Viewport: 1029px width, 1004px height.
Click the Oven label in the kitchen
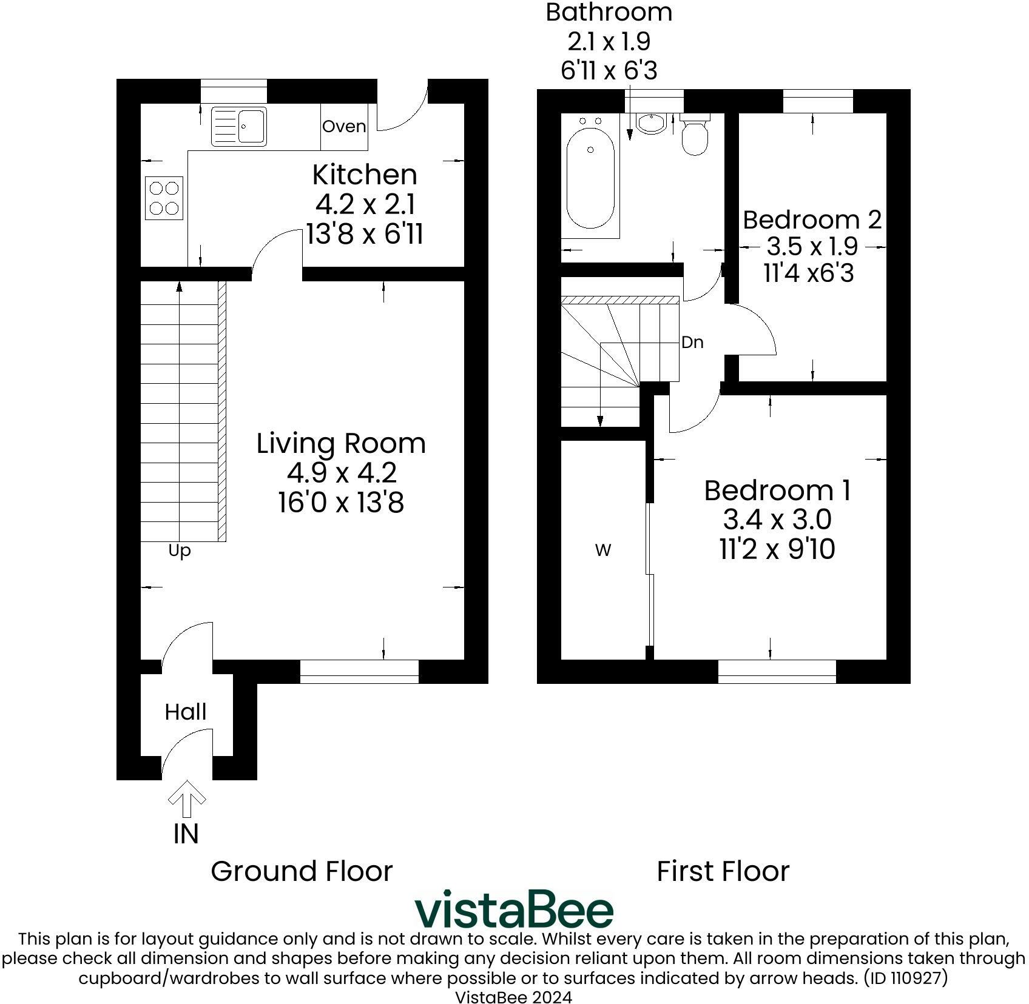click(344, 126)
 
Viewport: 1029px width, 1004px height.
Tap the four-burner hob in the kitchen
click(164, 198)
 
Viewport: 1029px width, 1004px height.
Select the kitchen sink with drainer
click(238, 126)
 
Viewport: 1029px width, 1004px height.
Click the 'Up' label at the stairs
click(180, 551)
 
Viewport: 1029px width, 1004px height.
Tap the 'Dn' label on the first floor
click(692, 343)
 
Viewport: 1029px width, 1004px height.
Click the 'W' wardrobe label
click(603, 551)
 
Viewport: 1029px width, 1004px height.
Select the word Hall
click(186, 712)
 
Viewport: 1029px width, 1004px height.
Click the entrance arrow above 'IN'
click(187, 798)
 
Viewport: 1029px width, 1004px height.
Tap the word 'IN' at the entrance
click(186, 834)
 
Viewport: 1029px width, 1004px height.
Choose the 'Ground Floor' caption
click(302, 871)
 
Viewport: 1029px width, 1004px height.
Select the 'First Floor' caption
click(723, 871)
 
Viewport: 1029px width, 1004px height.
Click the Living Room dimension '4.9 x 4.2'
click(342, 472)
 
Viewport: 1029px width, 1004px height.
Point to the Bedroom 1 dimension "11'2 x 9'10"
click(777, 549)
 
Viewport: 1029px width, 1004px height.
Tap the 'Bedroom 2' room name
click(812, 219)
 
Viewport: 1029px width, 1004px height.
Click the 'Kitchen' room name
click(365, 175)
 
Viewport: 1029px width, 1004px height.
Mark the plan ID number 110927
click(913, 978)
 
